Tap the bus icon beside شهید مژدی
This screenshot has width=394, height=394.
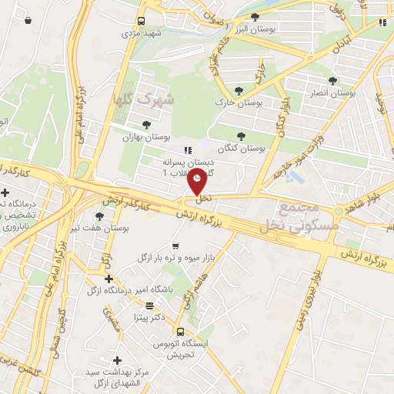pyautogui.click(x=141, y=22)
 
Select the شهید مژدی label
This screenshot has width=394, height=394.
pyautogui.click(x=141, y=35)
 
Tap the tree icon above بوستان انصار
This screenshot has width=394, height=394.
pyautogui.click(x=332, y=80)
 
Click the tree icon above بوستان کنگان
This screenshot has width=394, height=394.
pyautogui.click(x=241, y=135)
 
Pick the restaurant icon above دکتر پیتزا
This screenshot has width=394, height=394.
pyautogui.click(x=150, y=306)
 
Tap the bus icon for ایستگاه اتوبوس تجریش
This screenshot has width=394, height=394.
pyautogui.click(x=179, y=332)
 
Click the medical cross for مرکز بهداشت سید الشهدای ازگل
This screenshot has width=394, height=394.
pyautogui.click(x=117, y=359)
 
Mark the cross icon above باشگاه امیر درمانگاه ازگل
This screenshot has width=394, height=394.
pyautogui.click(x=109, y=279)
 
